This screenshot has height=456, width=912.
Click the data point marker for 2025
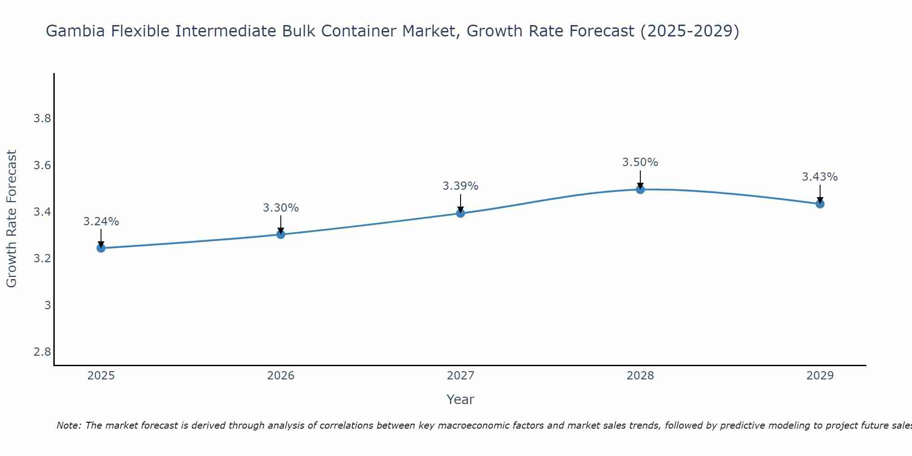pos(101,248)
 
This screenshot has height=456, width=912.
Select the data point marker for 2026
pos(280,234)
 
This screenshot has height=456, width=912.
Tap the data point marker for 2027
pos(460,213)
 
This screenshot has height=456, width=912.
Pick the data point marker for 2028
pos(640,189)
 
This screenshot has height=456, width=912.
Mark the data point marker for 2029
pos(820,204)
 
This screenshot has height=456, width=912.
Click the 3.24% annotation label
pos(101,222)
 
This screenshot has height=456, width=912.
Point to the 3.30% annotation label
pos(280,208)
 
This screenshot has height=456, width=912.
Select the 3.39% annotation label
pos(460,186)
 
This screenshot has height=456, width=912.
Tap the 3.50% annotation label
pos(640,162)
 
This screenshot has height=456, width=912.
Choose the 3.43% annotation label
pos(820,177)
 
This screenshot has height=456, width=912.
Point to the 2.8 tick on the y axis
pos(42,352)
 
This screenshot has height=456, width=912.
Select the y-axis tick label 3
pos(47,306)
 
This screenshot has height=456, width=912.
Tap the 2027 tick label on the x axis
pos(460,376)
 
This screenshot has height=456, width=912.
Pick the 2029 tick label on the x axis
pos(820,376)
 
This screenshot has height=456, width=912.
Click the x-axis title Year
pos(460,399)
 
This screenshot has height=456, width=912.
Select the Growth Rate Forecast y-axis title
pos(11,219)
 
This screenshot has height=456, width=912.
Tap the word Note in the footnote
pos(67,425)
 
